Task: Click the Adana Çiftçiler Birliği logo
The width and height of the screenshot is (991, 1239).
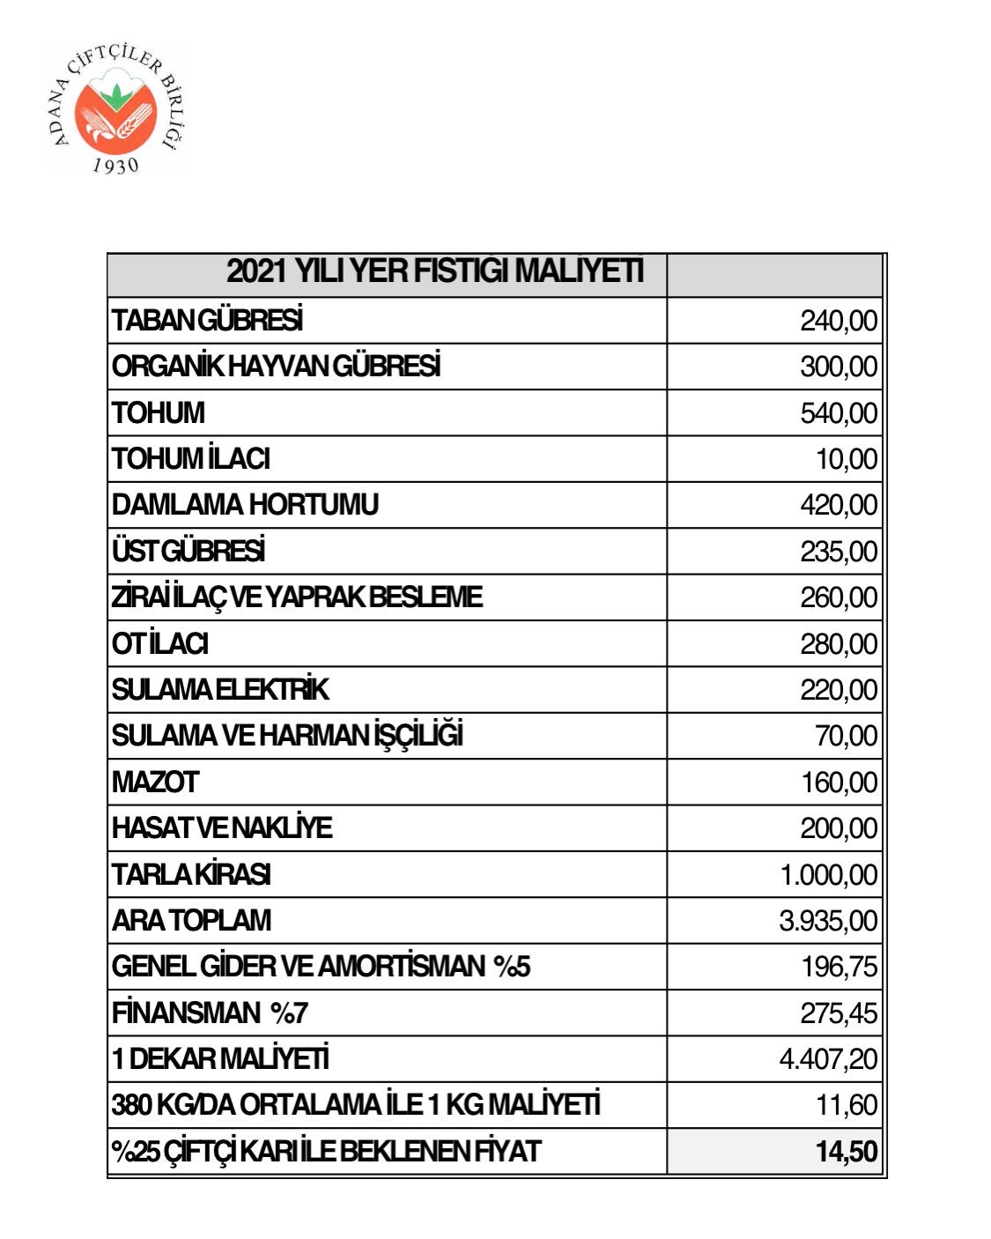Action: click(115, 108)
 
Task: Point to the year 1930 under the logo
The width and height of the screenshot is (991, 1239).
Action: click(115, 165)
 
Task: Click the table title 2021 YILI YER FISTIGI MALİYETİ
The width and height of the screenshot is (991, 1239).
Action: click(434, 271)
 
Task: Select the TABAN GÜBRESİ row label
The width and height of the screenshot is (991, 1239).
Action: click(207, 320)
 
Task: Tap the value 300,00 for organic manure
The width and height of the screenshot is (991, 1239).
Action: click(839, 367)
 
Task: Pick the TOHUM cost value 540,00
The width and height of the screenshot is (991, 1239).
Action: click(839, 412)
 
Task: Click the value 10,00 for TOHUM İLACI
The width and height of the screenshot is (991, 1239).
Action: click(847, 459)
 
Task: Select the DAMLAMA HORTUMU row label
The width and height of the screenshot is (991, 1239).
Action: click(245, 505)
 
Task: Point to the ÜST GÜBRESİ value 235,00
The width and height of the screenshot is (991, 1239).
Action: click(839, 552)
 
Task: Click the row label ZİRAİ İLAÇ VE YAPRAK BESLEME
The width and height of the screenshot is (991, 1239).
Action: click(297, 597)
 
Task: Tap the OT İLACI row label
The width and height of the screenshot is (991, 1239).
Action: click(159, 644)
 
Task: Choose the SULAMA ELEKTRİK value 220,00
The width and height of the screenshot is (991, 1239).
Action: click(839, 690)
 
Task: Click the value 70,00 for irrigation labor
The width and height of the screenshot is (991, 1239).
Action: click(847, 736)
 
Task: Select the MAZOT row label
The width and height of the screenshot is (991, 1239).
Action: click(155, 783)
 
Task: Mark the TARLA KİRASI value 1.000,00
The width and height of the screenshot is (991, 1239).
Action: click(829, 875)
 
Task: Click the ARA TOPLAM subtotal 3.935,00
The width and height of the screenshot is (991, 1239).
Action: click(828, 921)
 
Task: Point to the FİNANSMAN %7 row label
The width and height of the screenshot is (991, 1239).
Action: click(210, 1013)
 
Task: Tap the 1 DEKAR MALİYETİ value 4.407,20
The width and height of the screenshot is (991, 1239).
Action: click(828, 1059)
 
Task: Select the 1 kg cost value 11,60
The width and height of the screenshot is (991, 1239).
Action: click(847, 1105)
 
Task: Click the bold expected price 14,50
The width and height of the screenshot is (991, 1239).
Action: click(847, 1152)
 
